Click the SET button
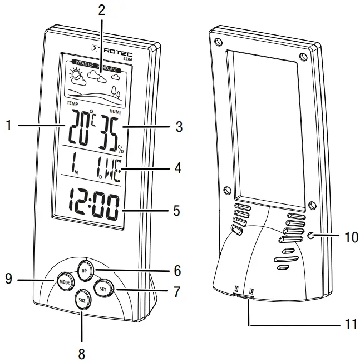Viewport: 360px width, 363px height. click(x=103, y=289)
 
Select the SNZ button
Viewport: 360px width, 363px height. click(x=82, y=300)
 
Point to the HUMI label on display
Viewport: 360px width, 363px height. click(x=116, y=111)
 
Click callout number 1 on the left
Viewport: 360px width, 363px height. click(x=8, y=126)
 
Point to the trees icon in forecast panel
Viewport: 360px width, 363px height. click(x=116, y=90)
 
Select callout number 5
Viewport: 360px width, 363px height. click(x=177, y=211)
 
